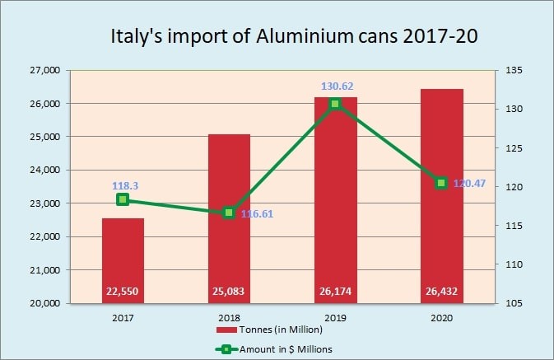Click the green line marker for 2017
tap(123, 199)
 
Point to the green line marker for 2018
tap(229, 213)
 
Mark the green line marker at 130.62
tap(335, 104)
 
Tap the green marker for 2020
tap(441, 183)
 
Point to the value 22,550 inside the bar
tap(123, 291)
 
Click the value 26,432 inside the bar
tap(441, 291)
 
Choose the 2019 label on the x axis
tap(335, 316)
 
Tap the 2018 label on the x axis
tap(229, 316)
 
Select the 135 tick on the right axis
tap(513, 71)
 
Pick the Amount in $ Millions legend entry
tap(285, 348)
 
